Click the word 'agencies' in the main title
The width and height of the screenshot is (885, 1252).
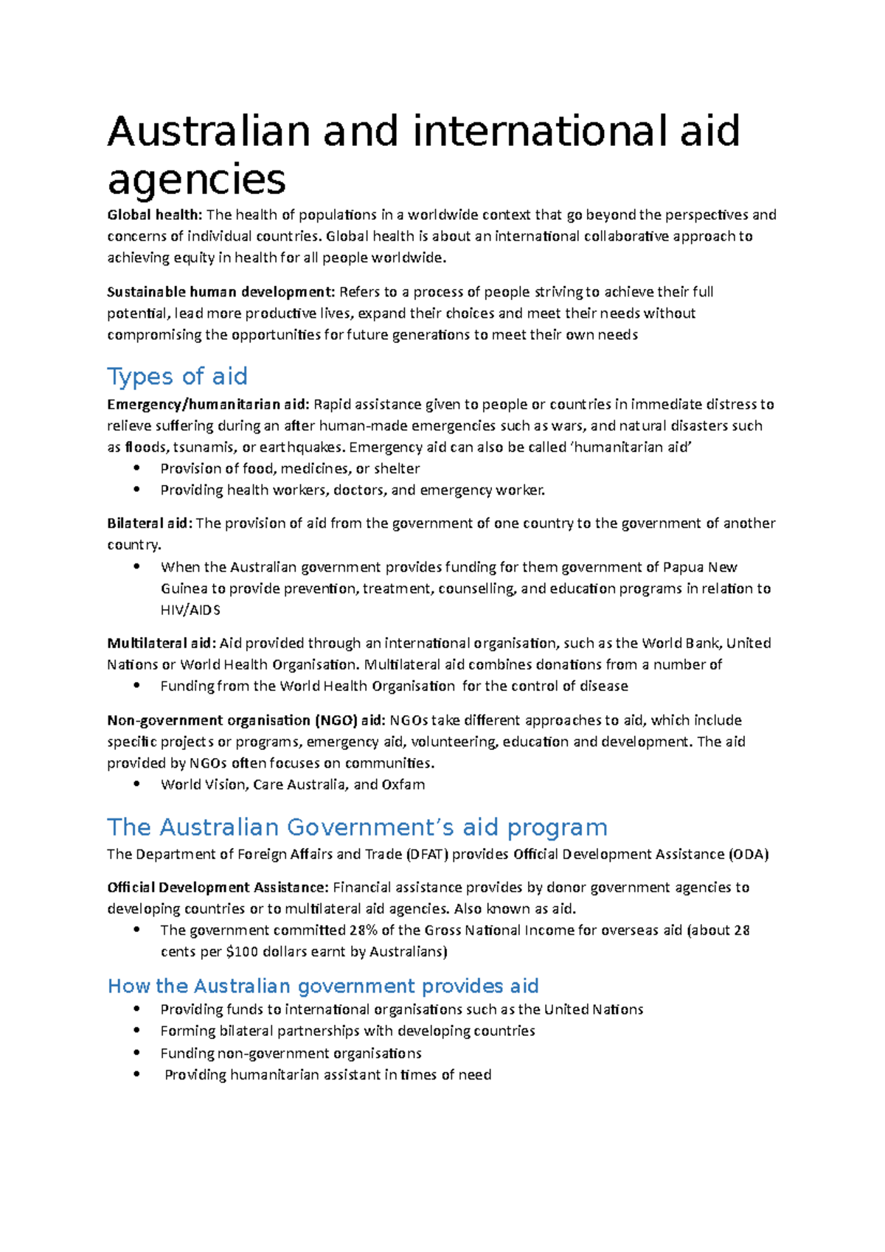[x=196, y=179]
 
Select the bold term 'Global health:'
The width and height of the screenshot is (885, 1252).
[x=154, y=215]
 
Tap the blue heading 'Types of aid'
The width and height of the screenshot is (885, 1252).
[x=177, y=377]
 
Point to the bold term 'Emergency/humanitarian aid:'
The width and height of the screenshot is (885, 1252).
[x=208, y=404]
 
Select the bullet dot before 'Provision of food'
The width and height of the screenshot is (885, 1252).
[x=136, y=468]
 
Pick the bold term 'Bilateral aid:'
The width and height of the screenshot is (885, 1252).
[x=150, y=524]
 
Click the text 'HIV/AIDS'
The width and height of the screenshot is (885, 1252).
[x=190, y=611]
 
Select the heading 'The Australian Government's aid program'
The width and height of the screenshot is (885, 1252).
[x=357, y=827]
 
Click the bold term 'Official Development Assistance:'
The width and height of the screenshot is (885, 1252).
[x=218, y=888]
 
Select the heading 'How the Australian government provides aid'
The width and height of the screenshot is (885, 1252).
[x=323, y=987]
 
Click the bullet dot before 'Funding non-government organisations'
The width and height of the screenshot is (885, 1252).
[x=136, y=1053]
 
